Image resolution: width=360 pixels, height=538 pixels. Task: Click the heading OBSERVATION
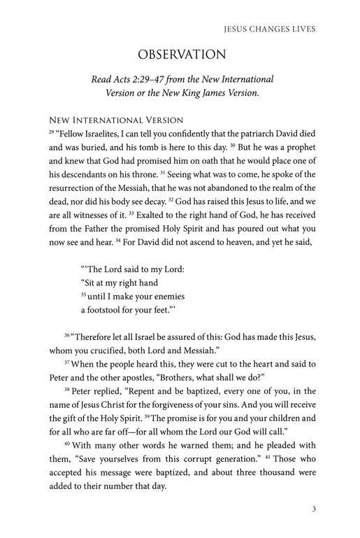pyautogui.click(x=180, y=54)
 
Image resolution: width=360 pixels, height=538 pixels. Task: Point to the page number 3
pyautogui.click(x=315, y=509)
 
